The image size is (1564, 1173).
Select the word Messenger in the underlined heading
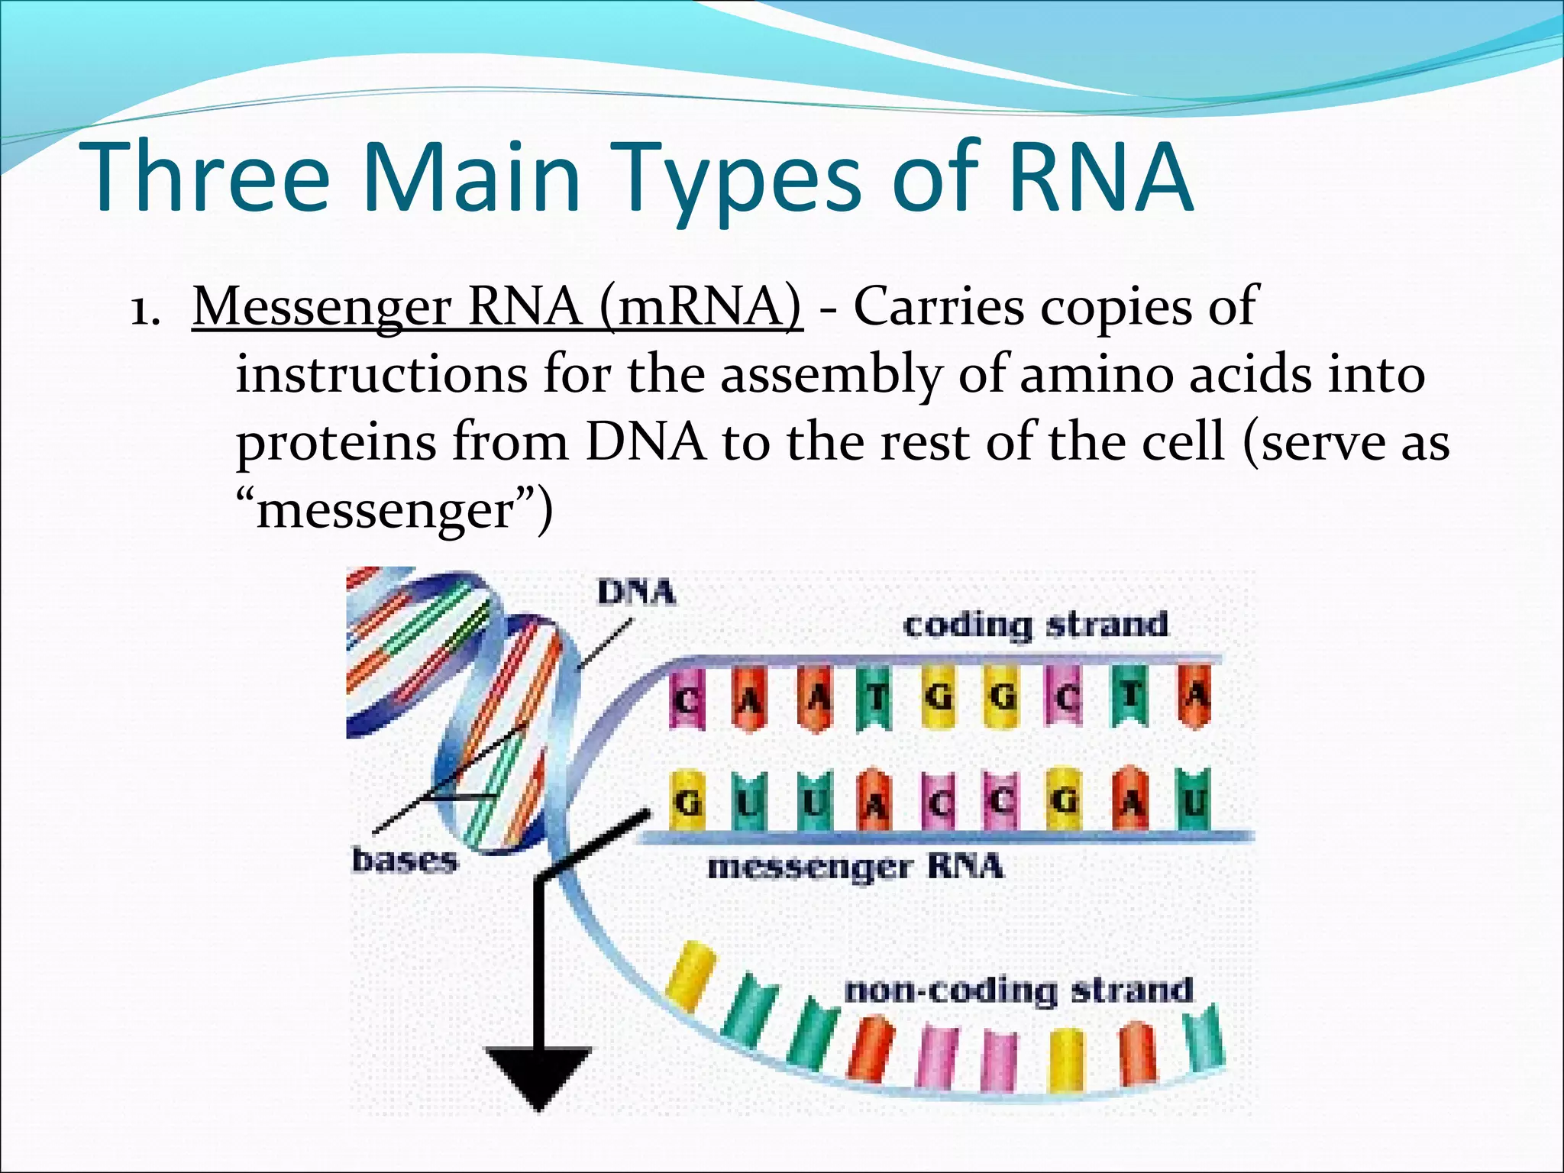coord(322,307)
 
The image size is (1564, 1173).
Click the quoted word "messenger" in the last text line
coord(393,510)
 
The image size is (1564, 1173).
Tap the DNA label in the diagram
coord(636,593)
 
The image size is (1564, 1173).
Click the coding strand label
coord(1036,625)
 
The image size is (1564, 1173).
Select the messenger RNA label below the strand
coord(855,868)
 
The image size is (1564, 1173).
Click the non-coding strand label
coord(1019,991)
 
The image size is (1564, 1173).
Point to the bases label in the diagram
coord(404,861)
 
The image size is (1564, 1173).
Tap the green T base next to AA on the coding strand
coord(875,696)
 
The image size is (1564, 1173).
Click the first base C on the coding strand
coord(687,696)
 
